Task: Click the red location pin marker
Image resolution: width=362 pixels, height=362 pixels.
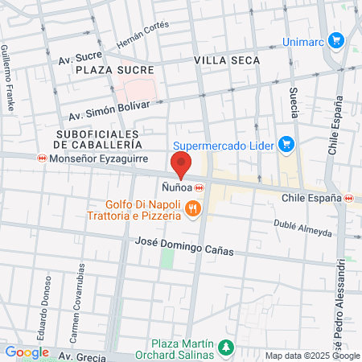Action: point(182,166)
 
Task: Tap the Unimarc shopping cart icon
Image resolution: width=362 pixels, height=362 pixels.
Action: point(336,39)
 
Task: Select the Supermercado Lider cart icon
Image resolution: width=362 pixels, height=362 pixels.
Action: point(286,144)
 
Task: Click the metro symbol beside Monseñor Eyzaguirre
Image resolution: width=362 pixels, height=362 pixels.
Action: point(41,159)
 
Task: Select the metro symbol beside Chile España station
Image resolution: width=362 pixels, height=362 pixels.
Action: point(348,198)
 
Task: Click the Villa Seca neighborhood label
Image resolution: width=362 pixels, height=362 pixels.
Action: point(224,60)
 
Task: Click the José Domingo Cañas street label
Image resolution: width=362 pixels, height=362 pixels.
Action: point(184,246)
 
